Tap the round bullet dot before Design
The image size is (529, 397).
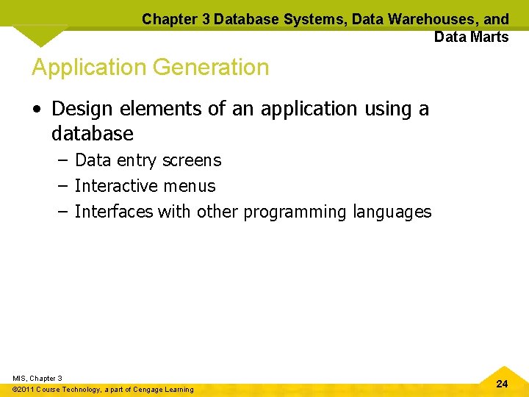point(36,110)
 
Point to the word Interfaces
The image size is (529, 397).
point(114,212)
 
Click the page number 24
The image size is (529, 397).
point(502,384)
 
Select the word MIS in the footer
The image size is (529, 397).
point(19,378)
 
